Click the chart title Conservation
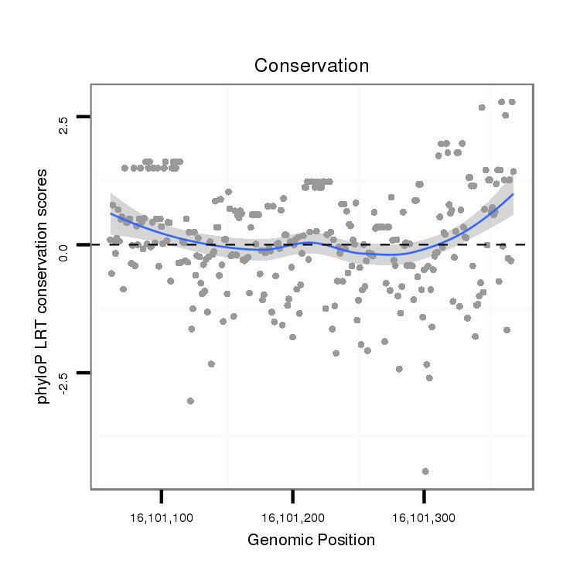click(312, 65)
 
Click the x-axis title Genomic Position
click(311, 540)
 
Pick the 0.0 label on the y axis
click(63, 251)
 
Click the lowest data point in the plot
click(425, 471)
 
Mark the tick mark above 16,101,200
click(292, 495)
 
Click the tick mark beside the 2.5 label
click(84, 116)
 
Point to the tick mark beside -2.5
click(84, 373)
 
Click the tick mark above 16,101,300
click(423, 495)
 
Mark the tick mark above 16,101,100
click(161, 495)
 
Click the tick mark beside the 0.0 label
click(84, 244)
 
